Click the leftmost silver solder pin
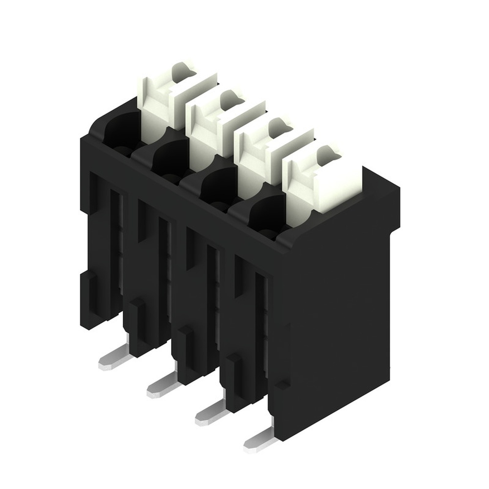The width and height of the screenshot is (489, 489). point(114,360)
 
